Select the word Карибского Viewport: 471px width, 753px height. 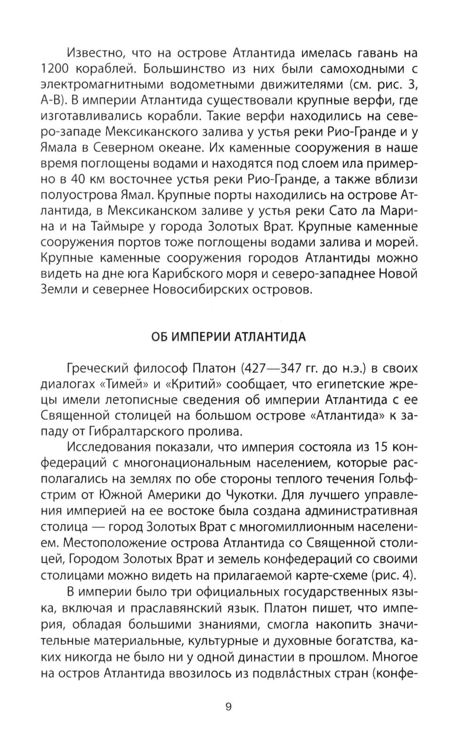pyautogui.click(x=214, y=274)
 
